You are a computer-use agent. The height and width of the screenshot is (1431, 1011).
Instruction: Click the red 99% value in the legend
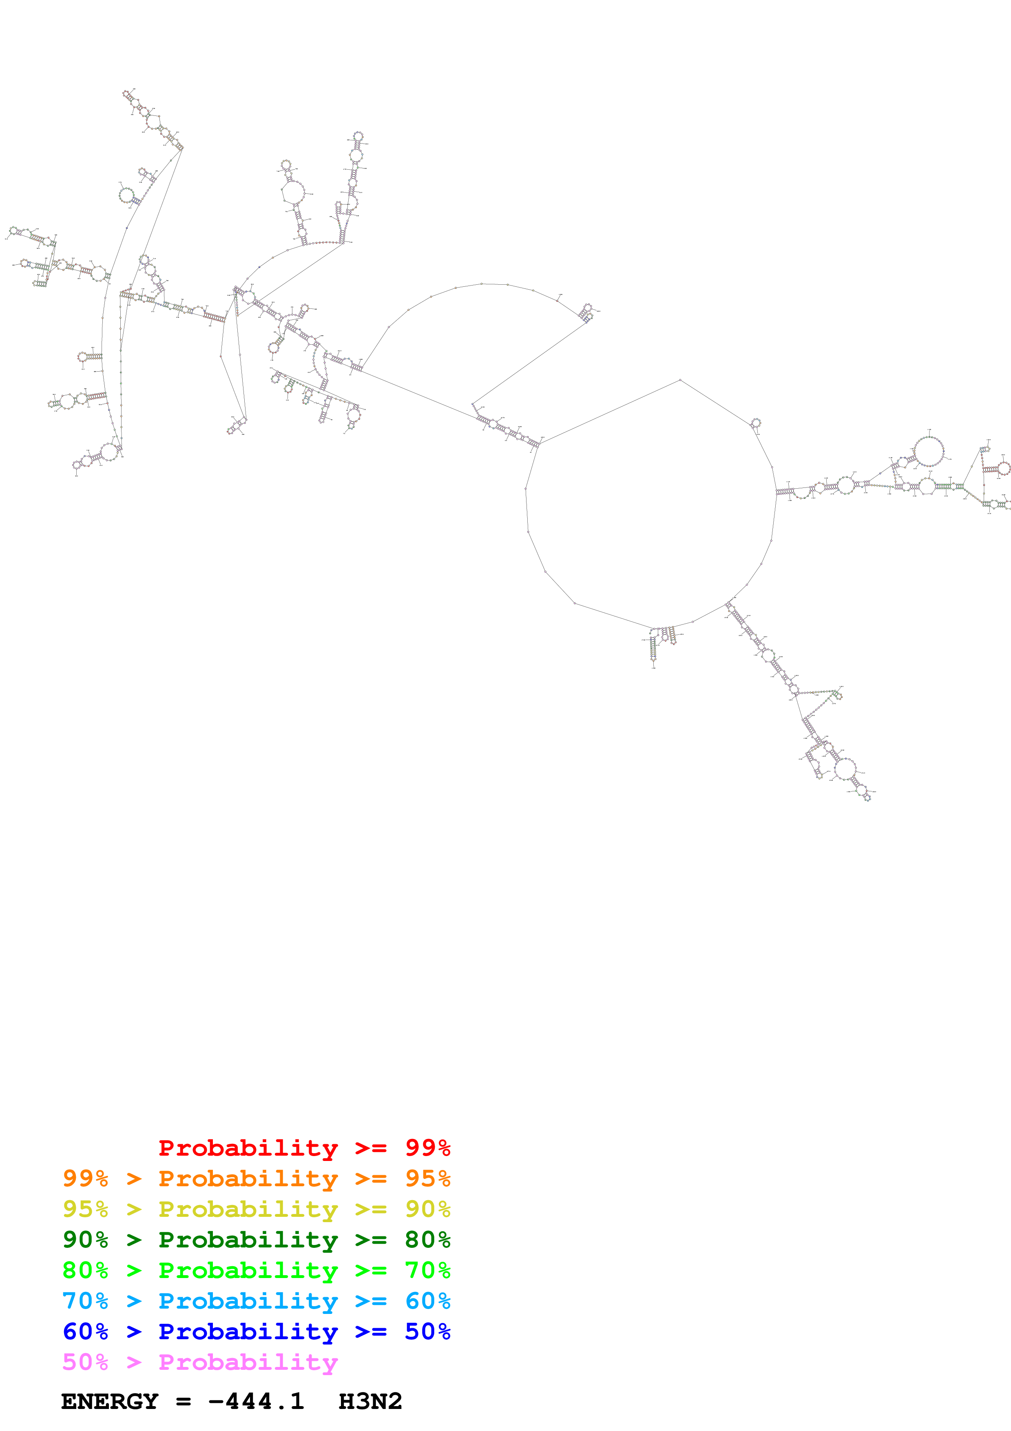point(427,1147)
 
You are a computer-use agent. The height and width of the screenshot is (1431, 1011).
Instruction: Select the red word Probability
point(248,1147)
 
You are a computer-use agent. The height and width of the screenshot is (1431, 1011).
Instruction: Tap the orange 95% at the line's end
point(427,1178)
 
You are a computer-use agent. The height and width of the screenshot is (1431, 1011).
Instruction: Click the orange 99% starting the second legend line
point(85,1178)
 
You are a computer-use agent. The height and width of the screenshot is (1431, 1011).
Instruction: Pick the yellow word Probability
point(248,1209)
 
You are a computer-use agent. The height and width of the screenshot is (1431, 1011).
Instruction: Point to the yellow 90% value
point(427,1209)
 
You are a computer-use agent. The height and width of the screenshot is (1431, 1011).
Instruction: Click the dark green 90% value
point(85,1240)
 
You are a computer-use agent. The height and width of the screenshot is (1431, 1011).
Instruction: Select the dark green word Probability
point(248,1240)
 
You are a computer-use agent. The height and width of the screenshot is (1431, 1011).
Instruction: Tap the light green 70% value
point(427,1270)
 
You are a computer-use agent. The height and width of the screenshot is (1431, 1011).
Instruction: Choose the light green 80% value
point(85,1270)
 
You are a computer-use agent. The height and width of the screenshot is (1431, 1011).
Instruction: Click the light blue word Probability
point(248,1301)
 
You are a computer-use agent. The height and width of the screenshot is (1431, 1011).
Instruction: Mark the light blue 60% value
point(427,1301)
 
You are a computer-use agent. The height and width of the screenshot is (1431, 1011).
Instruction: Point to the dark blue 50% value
point(427,1331)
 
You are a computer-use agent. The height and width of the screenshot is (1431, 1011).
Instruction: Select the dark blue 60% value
point(85,1331)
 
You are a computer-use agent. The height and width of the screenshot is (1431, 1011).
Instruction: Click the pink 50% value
point(85,1362)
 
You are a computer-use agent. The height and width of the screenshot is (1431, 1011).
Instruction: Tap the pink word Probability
point(248,1362)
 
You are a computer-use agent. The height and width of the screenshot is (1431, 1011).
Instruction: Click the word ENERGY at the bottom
point(110,1402)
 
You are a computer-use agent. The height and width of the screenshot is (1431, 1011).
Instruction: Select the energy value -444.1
point(256,1402)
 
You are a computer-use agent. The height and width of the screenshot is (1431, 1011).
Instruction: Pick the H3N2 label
point(370,1402)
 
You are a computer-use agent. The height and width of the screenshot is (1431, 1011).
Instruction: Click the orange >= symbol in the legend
point(371,1178)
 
